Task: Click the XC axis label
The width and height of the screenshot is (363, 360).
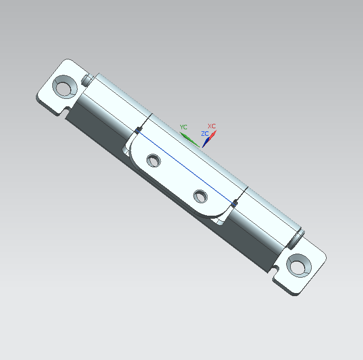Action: [x=211, y=126]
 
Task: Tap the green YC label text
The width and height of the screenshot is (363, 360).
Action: [x=183, y=127]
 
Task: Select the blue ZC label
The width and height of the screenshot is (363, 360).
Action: [x=205, y=134]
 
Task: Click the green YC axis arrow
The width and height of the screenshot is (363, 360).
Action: [x=189, y=139]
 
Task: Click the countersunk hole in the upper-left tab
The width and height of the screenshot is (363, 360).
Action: [x=65, y=87]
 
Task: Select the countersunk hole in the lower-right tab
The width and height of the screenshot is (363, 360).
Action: [x=299, y=266]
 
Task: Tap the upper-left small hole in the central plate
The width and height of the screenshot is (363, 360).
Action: [x=154, y=160]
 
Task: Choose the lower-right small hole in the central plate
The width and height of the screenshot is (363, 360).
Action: [x=200, y=196]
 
